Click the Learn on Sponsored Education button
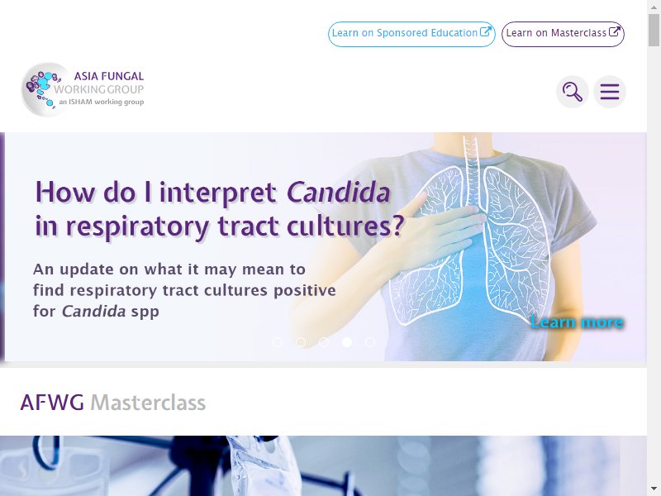click(x=411, y=34)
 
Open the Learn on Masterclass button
click(x=563, y=34)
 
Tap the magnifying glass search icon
click(x=572, y=92)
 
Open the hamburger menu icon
click(x=610, y=92)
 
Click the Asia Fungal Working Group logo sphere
click(x=46, y=89)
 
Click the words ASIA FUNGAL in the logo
click(x=109, y=76)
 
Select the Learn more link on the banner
click(x=577, y=322)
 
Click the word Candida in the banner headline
click(x=338, y=193)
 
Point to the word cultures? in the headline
click(x=345, y=226)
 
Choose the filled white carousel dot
click(x=347, y=342)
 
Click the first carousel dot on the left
click(x=278, y=342)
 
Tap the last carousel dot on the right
click(x=370, y=342)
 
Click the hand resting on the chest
click(x=439, y=232)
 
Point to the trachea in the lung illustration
click(x=471, y=169)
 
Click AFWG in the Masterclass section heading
click(x=52, y=403)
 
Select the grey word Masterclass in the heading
click(x=148, y=403)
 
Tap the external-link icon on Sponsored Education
click(x=485, y=31)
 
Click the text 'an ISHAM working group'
click(x=101, y=102)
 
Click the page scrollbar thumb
click(x=654, y=30)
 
